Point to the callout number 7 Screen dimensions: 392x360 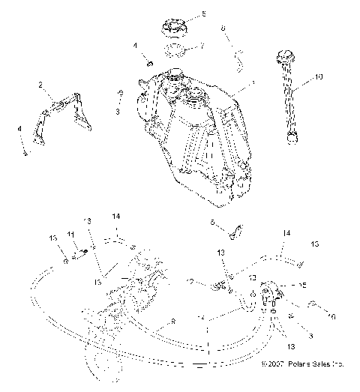200,47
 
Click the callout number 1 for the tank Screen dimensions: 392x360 253,80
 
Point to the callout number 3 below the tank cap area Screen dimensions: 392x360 117,111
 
